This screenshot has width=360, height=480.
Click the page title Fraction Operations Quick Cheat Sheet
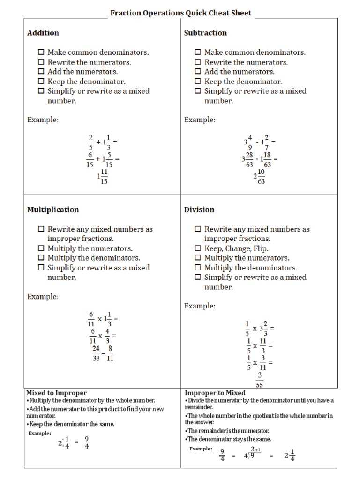click(180, 13)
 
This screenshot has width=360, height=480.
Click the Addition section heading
click(43, 33)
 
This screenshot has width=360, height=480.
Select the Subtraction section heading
click(205, 33)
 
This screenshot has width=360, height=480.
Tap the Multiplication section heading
click(53, 210)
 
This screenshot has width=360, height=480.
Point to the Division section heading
click(199, 210)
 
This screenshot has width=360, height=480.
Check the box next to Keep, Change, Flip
click(198, 248)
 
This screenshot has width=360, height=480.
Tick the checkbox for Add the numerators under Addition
click(41, 72)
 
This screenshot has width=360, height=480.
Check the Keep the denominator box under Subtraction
click(198, 82)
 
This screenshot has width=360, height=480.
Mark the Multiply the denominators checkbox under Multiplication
click(41, 258)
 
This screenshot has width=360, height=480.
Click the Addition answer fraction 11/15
click(104, 177)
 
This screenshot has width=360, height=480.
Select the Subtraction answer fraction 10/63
click(261, 177)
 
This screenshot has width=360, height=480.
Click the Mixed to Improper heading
click(56, 393)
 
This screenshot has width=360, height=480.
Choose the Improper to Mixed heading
click(215, 393)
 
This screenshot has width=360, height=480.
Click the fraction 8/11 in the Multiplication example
click(110, 354)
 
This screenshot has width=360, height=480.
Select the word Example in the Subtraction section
click(200, 120)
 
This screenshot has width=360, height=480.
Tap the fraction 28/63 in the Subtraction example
click(248, 159)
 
